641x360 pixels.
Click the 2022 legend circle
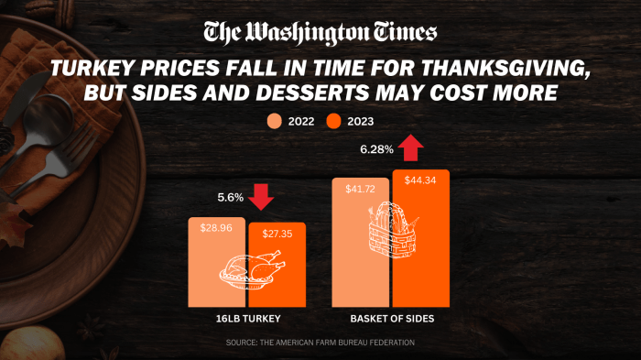[x=274, y=121]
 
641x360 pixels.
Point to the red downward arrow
[x=262, y=196]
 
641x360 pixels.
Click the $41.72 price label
[x=360, y=188]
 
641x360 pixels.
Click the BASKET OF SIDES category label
[x=391, y=320]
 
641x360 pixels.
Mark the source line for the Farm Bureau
[x=320, y=343]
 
